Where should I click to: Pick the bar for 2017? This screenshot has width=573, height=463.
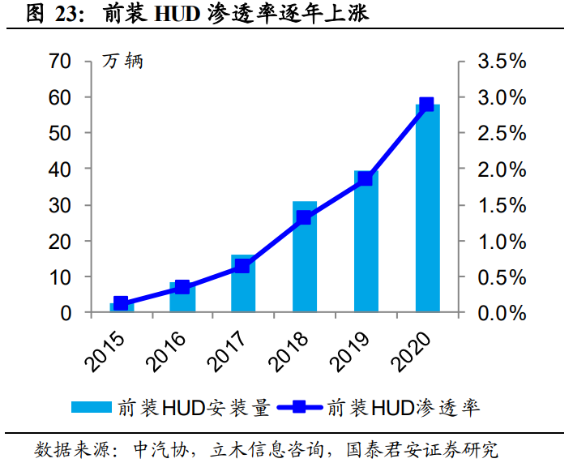tap(243, 284)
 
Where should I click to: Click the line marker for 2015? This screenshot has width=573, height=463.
tap(121, 303)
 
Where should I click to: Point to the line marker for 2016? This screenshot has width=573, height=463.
tap(182, 287)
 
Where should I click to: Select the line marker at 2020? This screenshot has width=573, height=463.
tap(427, 105)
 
